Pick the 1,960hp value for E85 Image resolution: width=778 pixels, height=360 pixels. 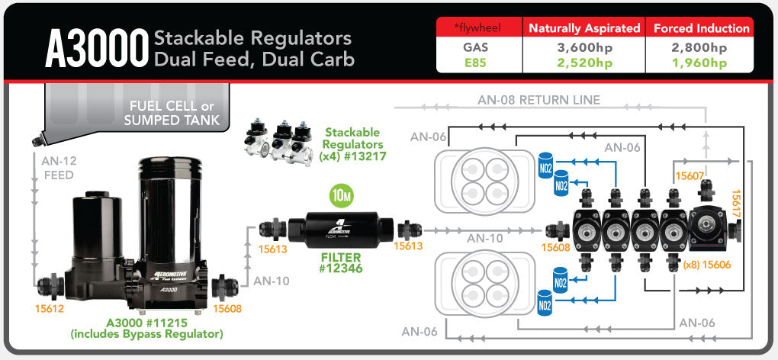point(701,63)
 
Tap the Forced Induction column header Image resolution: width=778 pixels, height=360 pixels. point(701,28)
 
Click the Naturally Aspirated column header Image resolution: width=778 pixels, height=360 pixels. point(585,28)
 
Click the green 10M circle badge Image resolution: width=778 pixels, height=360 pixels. point(341,196)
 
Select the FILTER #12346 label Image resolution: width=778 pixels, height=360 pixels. point(340,263)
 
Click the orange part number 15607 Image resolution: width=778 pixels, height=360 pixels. point(689,176)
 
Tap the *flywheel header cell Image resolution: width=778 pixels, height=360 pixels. point(476,28)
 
